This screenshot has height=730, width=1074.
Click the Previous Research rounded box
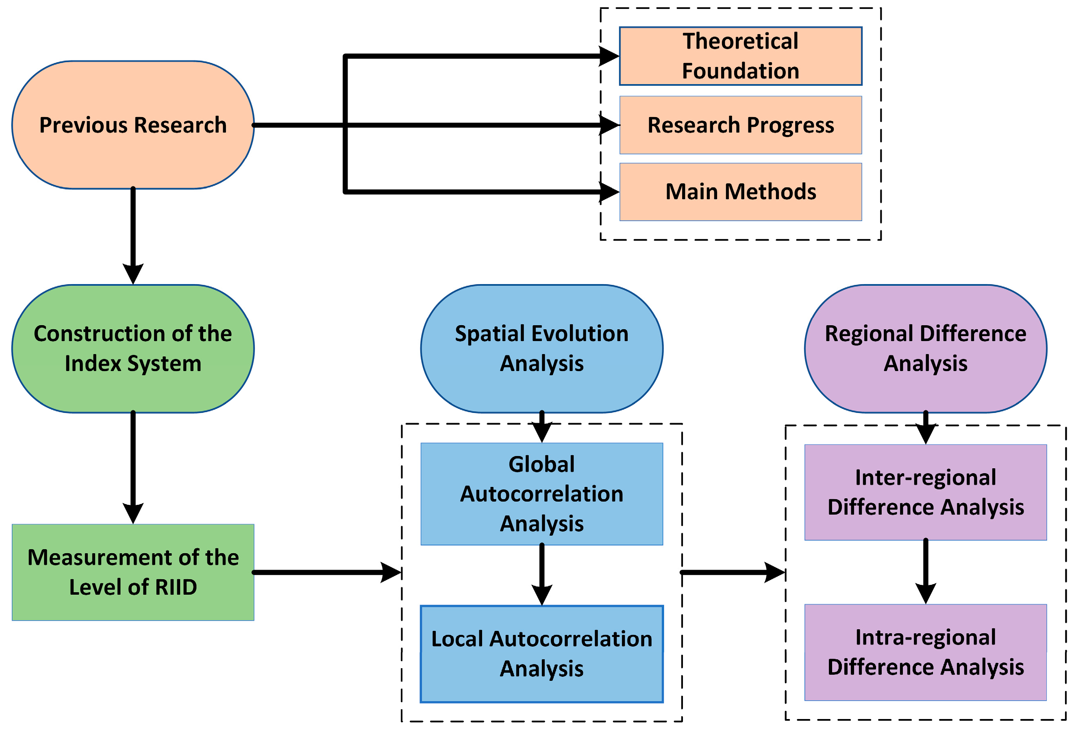[x=133, y=125]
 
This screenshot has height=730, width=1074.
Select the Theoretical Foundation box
[x=740, y=56]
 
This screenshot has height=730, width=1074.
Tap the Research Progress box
[x=740, y=125]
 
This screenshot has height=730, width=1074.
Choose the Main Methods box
[x=740, y=192]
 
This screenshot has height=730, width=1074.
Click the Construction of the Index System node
[x=133, y=348]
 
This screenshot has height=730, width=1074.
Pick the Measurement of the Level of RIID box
[x=133, y=572]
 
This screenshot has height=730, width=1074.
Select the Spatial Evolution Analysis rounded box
[x=541, y=348]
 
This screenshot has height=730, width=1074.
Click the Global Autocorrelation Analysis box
[x=541, y=494]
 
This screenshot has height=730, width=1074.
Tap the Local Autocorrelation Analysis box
[x=541, y=654]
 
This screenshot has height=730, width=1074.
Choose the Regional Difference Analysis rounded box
[x=926, y=348]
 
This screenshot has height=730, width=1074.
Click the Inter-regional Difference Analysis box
[x=926, y=492]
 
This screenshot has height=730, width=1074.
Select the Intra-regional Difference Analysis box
[x=926, y=652]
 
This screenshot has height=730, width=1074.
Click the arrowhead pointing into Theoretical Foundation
[x=609, y=56]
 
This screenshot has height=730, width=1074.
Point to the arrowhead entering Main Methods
[x=609, y=192]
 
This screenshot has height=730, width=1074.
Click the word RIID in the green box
[x=176, y=587]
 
